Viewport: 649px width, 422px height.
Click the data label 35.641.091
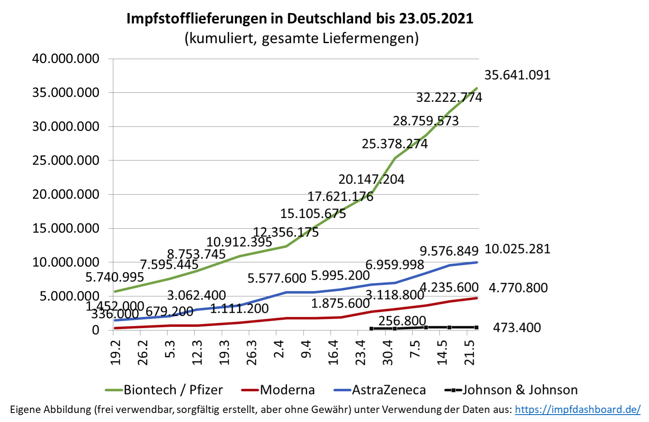point(517,75)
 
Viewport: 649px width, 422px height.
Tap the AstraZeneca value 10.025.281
point(517,249)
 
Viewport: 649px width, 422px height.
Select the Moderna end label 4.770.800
point(518,288)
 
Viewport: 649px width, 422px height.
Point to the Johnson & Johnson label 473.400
point(516,328)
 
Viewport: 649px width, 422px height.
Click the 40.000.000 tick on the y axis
point(66,59)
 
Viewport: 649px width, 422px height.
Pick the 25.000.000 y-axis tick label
point(66,161)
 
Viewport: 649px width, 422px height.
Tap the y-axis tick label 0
point(95,330)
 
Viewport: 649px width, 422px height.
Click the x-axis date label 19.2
point(116,352)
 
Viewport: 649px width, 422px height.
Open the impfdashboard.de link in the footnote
point(577,409)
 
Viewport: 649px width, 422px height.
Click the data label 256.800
point(402,321)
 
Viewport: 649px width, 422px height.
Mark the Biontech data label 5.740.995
point(115,278)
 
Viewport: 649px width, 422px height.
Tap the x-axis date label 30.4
point(388,352)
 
